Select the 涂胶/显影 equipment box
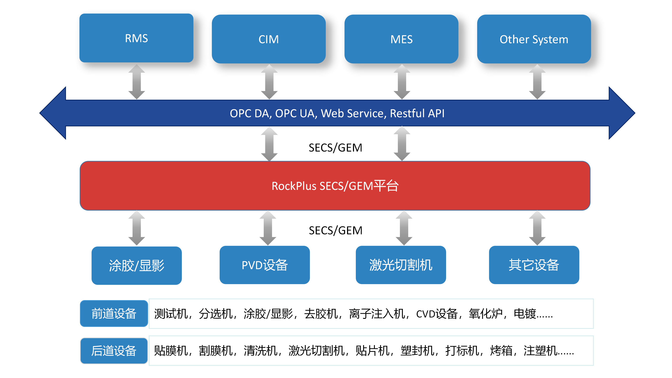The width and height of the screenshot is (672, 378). (x=136, y=266)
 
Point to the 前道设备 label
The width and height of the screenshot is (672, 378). (x=114, y=313)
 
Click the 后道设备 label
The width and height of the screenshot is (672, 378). (x=114, y=351)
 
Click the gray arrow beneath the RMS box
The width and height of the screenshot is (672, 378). (x=136, y=82)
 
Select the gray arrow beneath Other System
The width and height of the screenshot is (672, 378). (x=537, y=82)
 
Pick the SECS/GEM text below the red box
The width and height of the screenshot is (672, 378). (x=335, y=230)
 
